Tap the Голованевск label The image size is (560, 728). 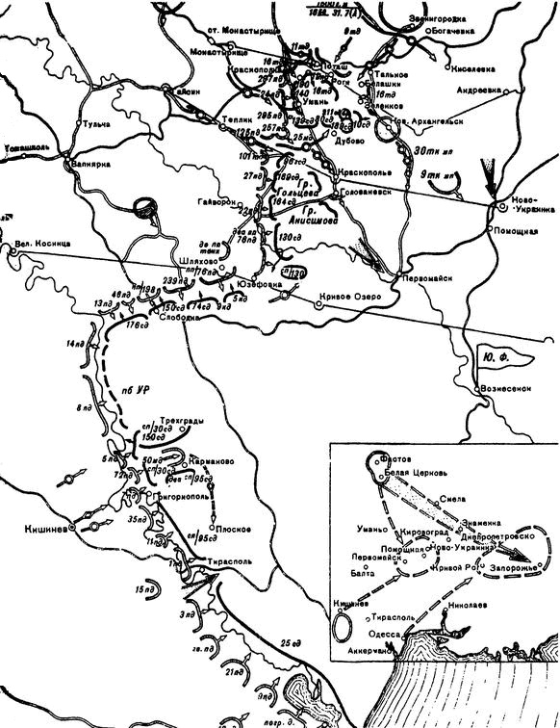[x=365, y=192]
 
